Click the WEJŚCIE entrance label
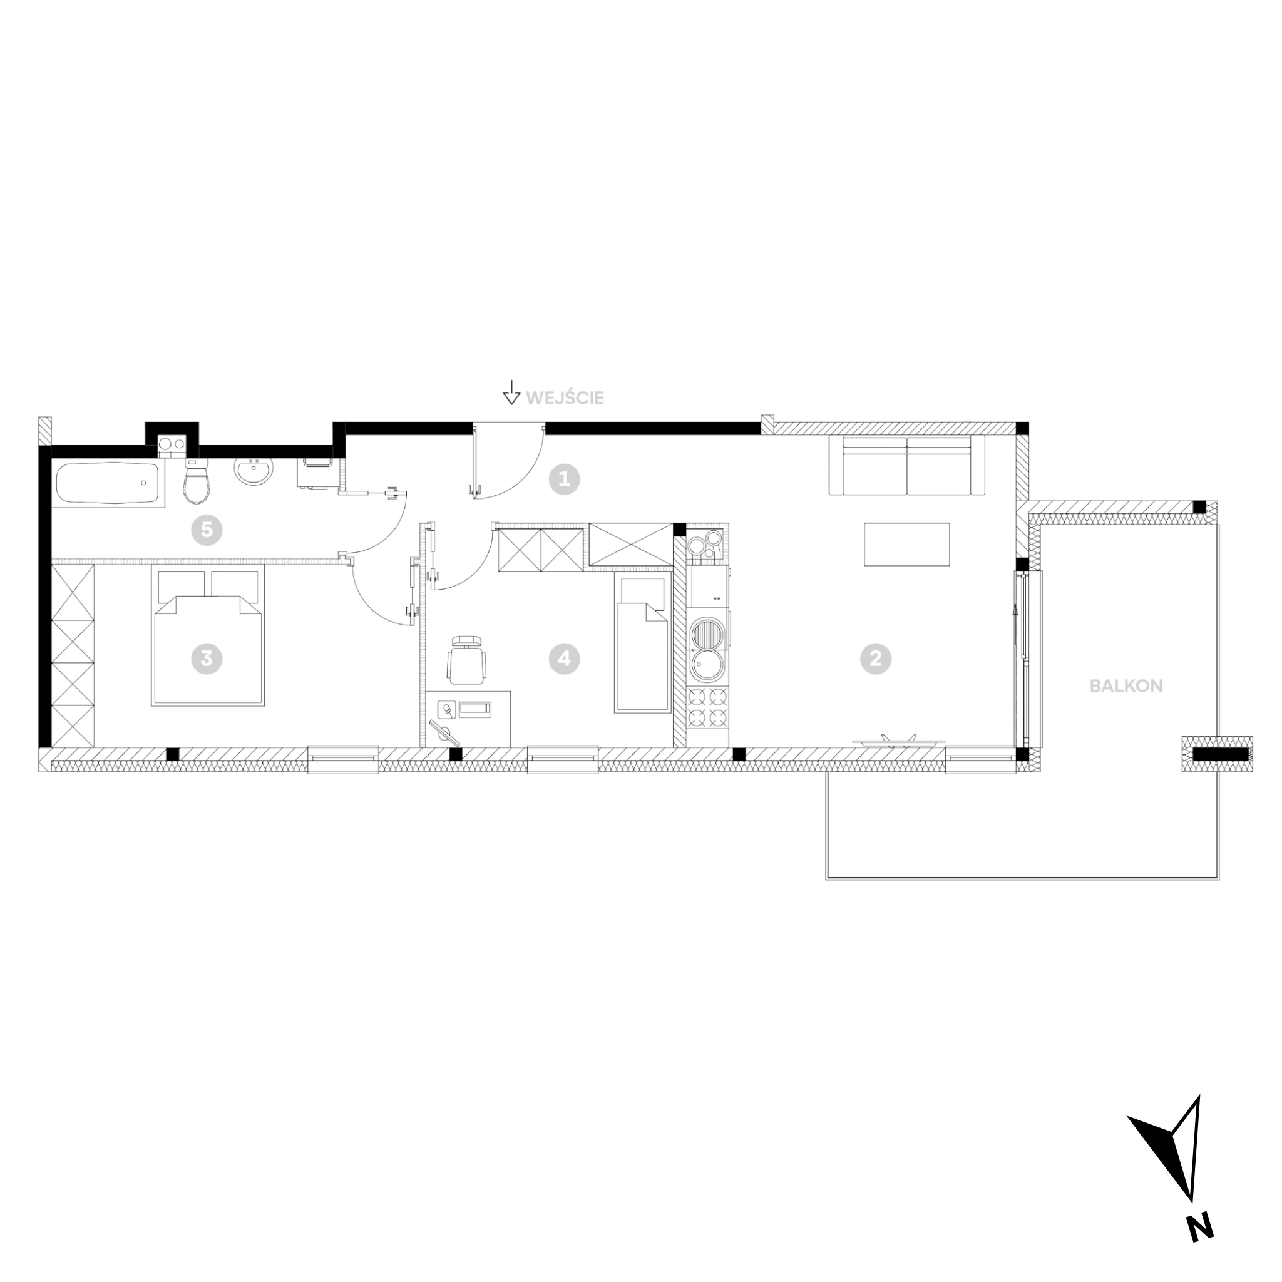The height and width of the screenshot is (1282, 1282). tap(565, 398)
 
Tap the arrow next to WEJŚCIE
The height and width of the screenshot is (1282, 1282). tap(511, 392)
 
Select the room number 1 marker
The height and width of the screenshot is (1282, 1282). tap(565, 479)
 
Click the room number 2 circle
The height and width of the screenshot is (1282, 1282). tap(875, 659)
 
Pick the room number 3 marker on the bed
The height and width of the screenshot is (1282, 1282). tap(207, 659)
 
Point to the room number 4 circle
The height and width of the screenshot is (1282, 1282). tap(565, 659)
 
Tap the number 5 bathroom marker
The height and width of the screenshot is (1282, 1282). tap(207, 530)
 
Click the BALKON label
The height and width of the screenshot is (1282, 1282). tap(1126, 686)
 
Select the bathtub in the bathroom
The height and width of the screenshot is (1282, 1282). tap(108, 483)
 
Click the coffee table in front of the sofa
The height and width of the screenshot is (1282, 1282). tap(906, 544)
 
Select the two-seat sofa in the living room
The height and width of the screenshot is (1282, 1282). tap(907, 465)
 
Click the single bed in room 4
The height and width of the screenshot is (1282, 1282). tap(642, 644)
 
